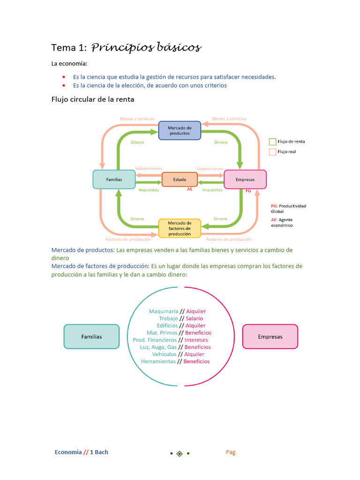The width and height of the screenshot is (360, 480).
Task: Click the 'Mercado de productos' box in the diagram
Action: point(180,130)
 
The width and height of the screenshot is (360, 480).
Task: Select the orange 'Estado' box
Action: point(180,180)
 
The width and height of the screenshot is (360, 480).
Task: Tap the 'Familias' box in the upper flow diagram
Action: point(114,180)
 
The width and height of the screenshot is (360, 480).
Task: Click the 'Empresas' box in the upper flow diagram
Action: point(245,180)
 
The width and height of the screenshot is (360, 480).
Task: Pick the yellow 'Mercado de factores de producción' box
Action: point(180,228)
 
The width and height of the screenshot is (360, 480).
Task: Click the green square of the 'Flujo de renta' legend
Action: point(272,142)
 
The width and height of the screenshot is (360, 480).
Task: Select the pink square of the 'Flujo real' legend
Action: point(272,152)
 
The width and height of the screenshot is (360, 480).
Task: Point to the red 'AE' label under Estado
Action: point(190,189)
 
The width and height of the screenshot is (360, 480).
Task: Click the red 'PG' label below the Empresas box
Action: point(248,191)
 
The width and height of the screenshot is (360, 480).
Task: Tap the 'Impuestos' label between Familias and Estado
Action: point(149,190)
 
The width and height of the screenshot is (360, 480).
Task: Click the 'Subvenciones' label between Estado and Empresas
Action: point(210,169)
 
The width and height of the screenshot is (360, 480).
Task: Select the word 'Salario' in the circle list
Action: point(194,318)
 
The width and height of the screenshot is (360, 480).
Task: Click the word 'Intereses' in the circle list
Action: point(196,340)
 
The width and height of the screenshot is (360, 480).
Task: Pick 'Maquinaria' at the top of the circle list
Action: point(164,311)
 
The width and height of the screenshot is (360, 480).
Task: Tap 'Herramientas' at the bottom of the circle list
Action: point(158,361)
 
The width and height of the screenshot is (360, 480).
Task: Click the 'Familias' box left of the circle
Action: point(91,337)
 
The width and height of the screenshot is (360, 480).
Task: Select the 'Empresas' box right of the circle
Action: point(270,337)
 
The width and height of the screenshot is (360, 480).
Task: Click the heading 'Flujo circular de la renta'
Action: point(92,99)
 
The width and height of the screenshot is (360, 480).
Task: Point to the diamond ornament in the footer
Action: point(180,453)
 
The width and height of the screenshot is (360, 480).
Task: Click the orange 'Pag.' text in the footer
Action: point(231,452)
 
